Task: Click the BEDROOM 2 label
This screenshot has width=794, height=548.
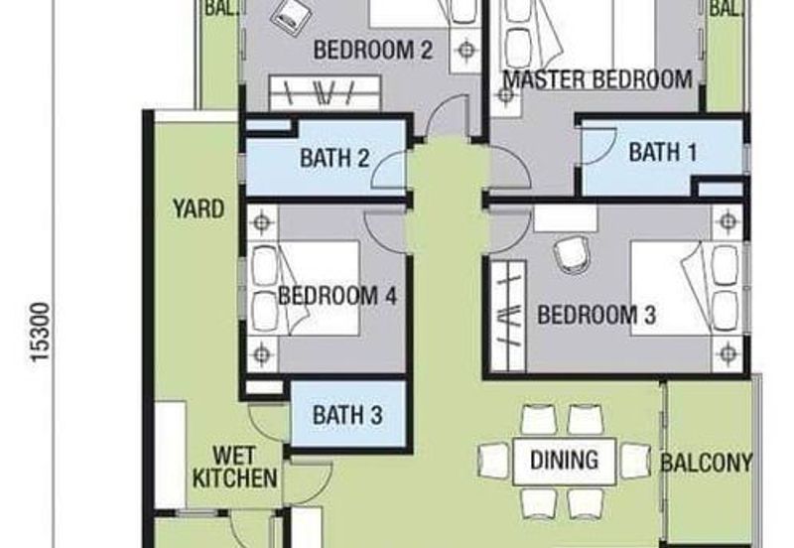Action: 372,50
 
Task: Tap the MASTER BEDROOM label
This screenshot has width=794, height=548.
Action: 596,79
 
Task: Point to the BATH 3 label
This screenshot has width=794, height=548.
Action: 347,415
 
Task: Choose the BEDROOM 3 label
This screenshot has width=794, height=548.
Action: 596,317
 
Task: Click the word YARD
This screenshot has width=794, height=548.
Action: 198,209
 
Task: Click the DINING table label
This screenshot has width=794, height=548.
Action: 564,460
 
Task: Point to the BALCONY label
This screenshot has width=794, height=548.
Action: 707,463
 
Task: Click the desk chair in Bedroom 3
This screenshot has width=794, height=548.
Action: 570,254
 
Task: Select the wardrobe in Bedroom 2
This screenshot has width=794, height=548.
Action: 324,93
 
